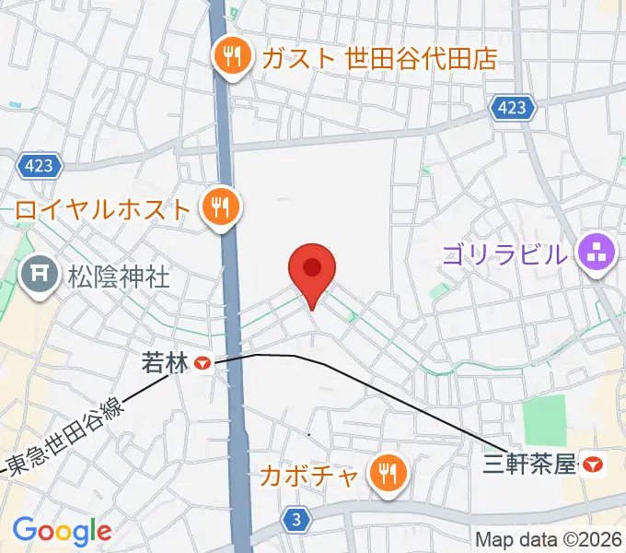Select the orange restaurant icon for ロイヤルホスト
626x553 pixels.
point(220,207)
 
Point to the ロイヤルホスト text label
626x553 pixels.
point(102,208)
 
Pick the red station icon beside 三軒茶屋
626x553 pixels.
point(595,465)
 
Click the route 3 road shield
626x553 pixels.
point(295,520)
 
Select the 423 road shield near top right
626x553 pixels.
point(513,109)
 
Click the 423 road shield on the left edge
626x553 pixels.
point(40,166)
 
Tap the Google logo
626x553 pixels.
point(62,530)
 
